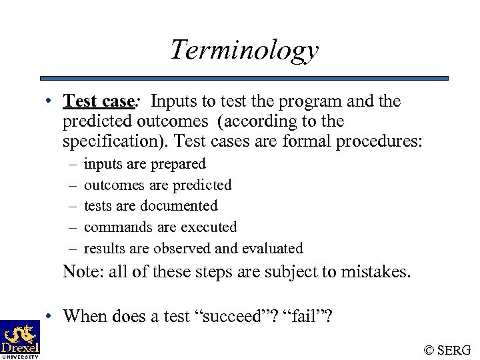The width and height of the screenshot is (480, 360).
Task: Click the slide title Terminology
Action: [244, 50]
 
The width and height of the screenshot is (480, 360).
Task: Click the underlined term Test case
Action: [99, 101]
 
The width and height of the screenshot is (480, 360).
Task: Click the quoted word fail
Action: [306, 315]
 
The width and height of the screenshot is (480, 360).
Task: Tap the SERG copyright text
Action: [447, 349]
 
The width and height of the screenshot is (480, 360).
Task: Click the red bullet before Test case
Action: [50, 102]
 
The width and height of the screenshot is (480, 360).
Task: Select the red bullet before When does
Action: [50, 316]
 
